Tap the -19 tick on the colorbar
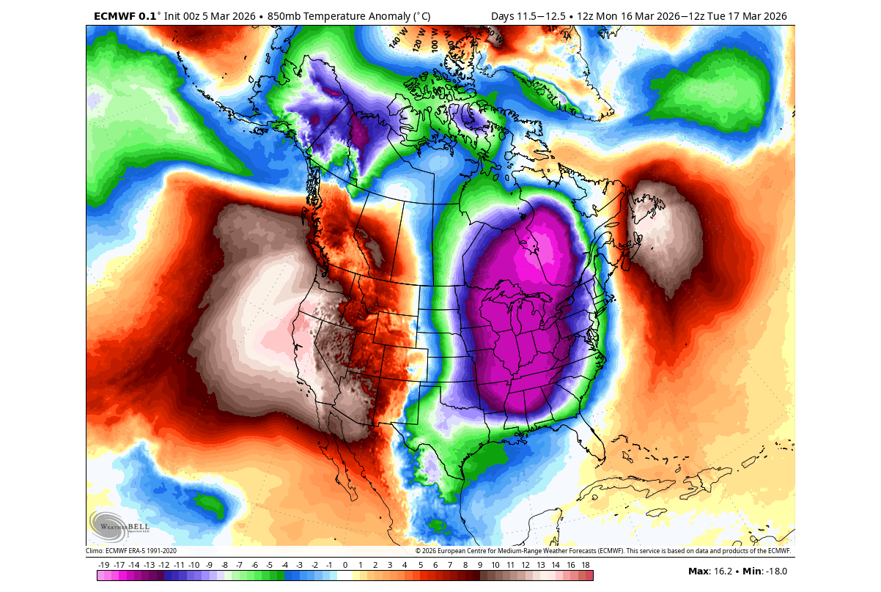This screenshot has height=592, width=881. [103, 565]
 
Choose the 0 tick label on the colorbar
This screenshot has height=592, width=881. [344, 565]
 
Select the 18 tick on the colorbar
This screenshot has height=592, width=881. [586, 565]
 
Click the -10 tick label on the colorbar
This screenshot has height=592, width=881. [193, 565]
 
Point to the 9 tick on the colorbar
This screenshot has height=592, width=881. [480, 565]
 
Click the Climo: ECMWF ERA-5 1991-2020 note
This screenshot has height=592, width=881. [131, 551]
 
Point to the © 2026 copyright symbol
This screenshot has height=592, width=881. [418, 551]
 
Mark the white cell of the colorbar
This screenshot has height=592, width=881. [344, 576]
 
